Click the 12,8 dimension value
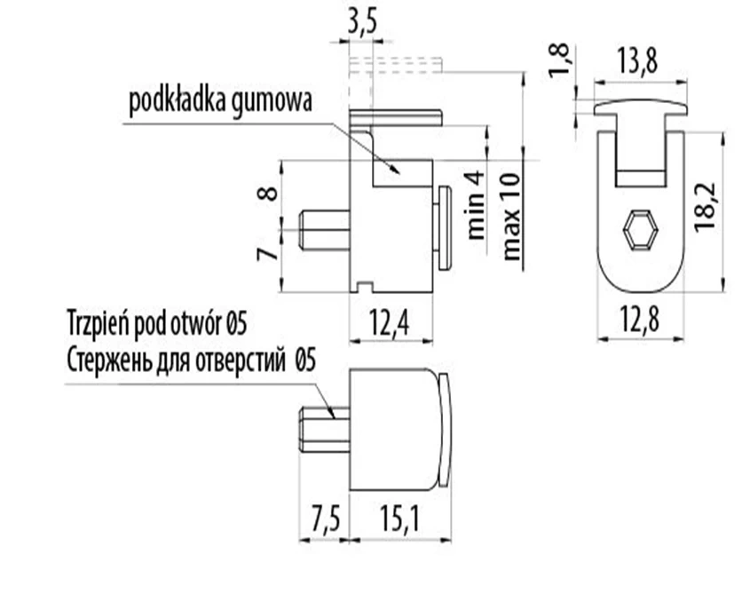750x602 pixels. tap(642, 321)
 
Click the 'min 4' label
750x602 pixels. tap(476, 206)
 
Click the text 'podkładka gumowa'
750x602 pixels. tap(220, 101)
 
